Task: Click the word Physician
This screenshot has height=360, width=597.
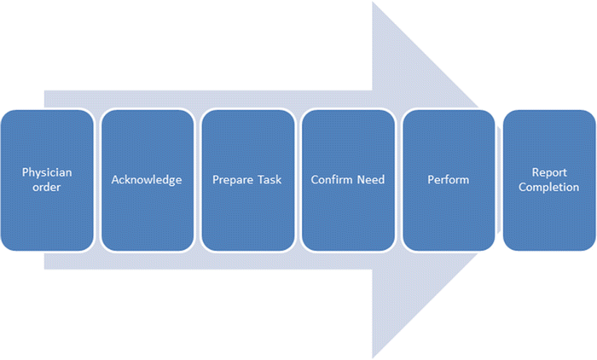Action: tap(47, 172)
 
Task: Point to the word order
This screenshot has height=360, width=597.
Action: tap(47, 187)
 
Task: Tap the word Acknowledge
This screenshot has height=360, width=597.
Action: tap(147, 180)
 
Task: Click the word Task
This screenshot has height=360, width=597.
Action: tap(270, 180)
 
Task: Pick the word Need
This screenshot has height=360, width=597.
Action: tap(372, 180)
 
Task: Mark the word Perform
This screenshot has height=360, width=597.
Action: tap(449, 180)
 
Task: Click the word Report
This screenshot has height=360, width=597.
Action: tap(549, 172)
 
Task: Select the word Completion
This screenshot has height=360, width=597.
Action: tap(549, 187)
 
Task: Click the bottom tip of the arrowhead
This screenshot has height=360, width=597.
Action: tap(374, 356)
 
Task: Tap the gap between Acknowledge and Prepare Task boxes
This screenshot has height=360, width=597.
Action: tap(197, 180)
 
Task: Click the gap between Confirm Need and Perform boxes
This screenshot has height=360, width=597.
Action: tap(398, 180)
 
